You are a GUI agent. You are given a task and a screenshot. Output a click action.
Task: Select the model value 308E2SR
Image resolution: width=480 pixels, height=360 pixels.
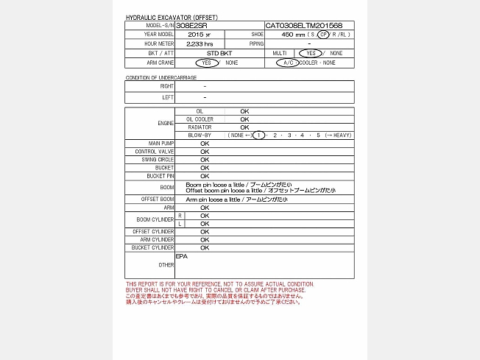[192, 25]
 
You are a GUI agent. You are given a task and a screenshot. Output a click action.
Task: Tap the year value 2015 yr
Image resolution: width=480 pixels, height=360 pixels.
[199, 35]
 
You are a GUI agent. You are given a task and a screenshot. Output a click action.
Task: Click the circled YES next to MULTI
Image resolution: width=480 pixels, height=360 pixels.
[310, 54]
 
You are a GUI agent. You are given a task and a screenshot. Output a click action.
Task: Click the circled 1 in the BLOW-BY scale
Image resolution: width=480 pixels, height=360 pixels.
[258, 135]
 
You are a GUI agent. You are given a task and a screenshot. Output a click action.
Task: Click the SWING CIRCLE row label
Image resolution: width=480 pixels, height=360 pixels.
[159, 160]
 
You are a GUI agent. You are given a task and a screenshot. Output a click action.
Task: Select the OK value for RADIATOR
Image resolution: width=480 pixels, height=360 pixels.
[244, 127]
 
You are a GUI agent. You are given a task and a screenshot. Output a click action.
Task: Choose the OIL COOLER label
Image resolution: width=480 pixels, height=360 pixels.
[200, 119]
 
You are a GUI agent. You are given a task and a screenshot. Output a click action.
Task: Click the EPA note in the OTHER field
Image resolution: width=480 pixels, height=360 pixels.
[182, 256]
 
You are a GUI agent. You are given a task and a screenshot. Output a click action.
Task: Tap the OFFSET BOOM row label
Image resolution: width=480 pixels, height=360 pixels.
[158, 200]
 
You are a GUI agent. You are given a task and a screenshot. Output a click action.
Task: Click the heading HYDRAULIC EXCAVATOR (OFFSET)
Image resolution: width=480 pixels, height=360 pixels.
[172, 17]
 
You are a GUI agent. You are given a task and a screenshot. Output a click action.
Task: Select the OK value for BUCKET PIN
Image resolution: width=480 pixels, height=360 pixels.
[205, 177]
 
